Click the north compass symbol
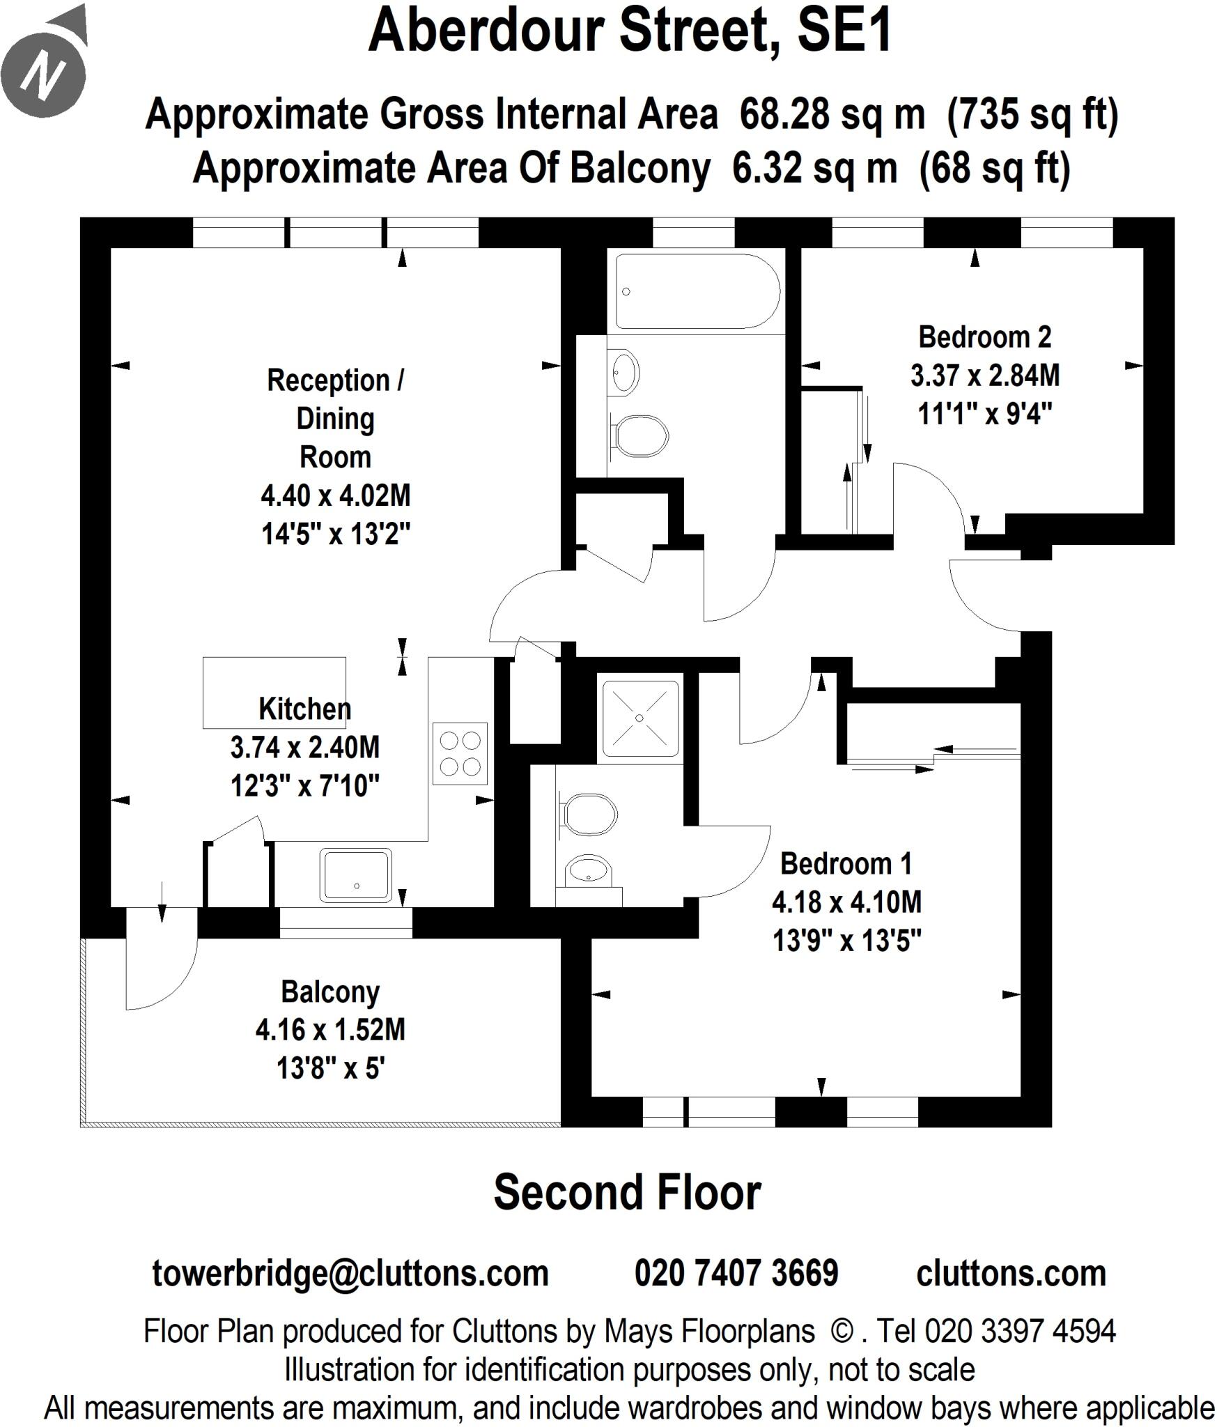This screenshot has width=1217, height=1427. click(x=43, y=72)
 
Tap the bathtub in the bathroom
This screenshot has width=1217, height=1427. click(x=696, y=291)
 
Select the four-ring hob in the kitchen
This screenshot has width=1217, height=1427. click(x=460, y=754)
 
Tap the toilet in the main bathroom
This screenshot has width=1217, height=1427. click(x=639, y=437)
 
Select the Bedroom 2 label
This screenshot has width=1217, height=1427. click(x=984, y=337)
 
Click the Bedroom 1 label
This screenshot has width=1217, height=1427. click(x=845, y=864)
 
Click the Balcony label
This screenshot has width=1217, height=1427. click(x=330, y=992)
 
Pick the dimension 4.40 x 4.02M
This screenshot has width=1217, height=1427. click(x=335, y=496)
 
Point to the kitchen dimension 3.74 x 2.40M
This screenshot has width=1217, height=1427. click(x=305, y=748)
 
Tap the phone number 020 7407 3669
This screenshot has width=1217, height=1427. click(x=736, y=1273)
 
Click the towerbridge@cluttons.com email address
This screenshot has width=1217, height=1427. click(x=350, y=1273)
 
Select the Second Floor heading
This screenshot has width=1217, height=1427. click(x=627, y=1192)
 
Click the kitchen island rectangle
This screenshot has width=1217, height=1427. click(x=274, y=693)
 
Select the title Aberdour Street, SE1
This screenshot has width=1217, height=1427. click(x=630, y=31)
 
